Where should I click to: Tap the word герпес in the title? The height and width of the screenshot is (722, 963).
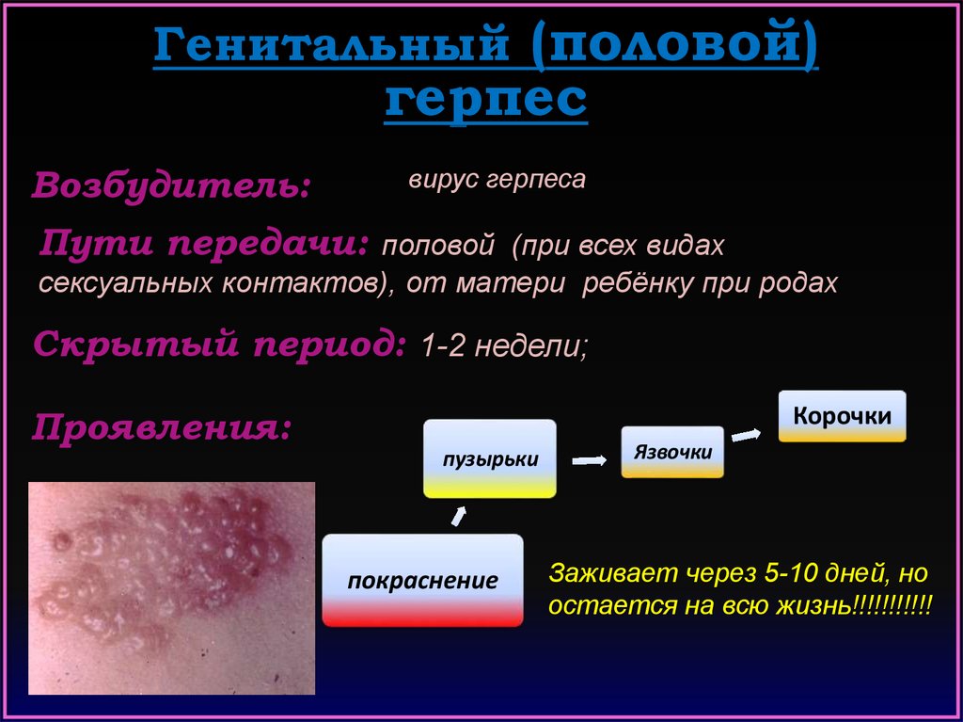point(486,99)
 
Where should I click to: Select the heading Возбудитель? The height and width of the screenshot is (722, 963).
point(171,185)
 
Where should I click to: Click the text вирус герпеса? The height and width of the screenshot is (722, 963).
point(497,179)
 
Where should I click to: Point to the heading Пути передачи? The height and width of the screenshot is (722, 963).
point(204,244)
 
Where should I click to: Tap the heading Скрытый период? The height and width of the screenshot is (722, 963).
point(220,343)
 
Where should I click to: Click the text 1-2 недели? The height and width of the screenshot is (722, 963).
point(504,346)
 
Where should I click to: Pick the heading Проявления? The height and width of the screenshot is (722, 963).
point(161,426)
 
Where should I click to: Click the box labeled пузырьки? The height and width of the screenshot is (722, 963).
point(490,458)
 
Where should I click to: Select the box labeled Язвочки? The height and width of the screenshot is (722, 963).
point(672,452)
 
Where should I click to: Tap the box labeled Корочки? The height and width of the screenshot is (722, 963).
point(842,416)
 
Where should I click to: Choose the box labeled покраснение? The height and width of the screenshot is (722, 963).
point(422,581)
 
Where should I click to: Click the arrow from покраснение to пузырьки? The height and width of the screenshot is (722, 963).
point(459,517)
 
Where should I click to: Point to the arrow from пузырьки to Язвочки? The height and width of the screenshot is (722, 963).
point(590,460)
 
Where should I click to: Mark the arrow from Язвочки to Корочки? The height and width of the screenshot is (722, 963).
point(746,436)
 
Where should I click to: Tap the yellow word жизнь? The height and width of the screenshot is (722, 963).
point(813,606)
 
